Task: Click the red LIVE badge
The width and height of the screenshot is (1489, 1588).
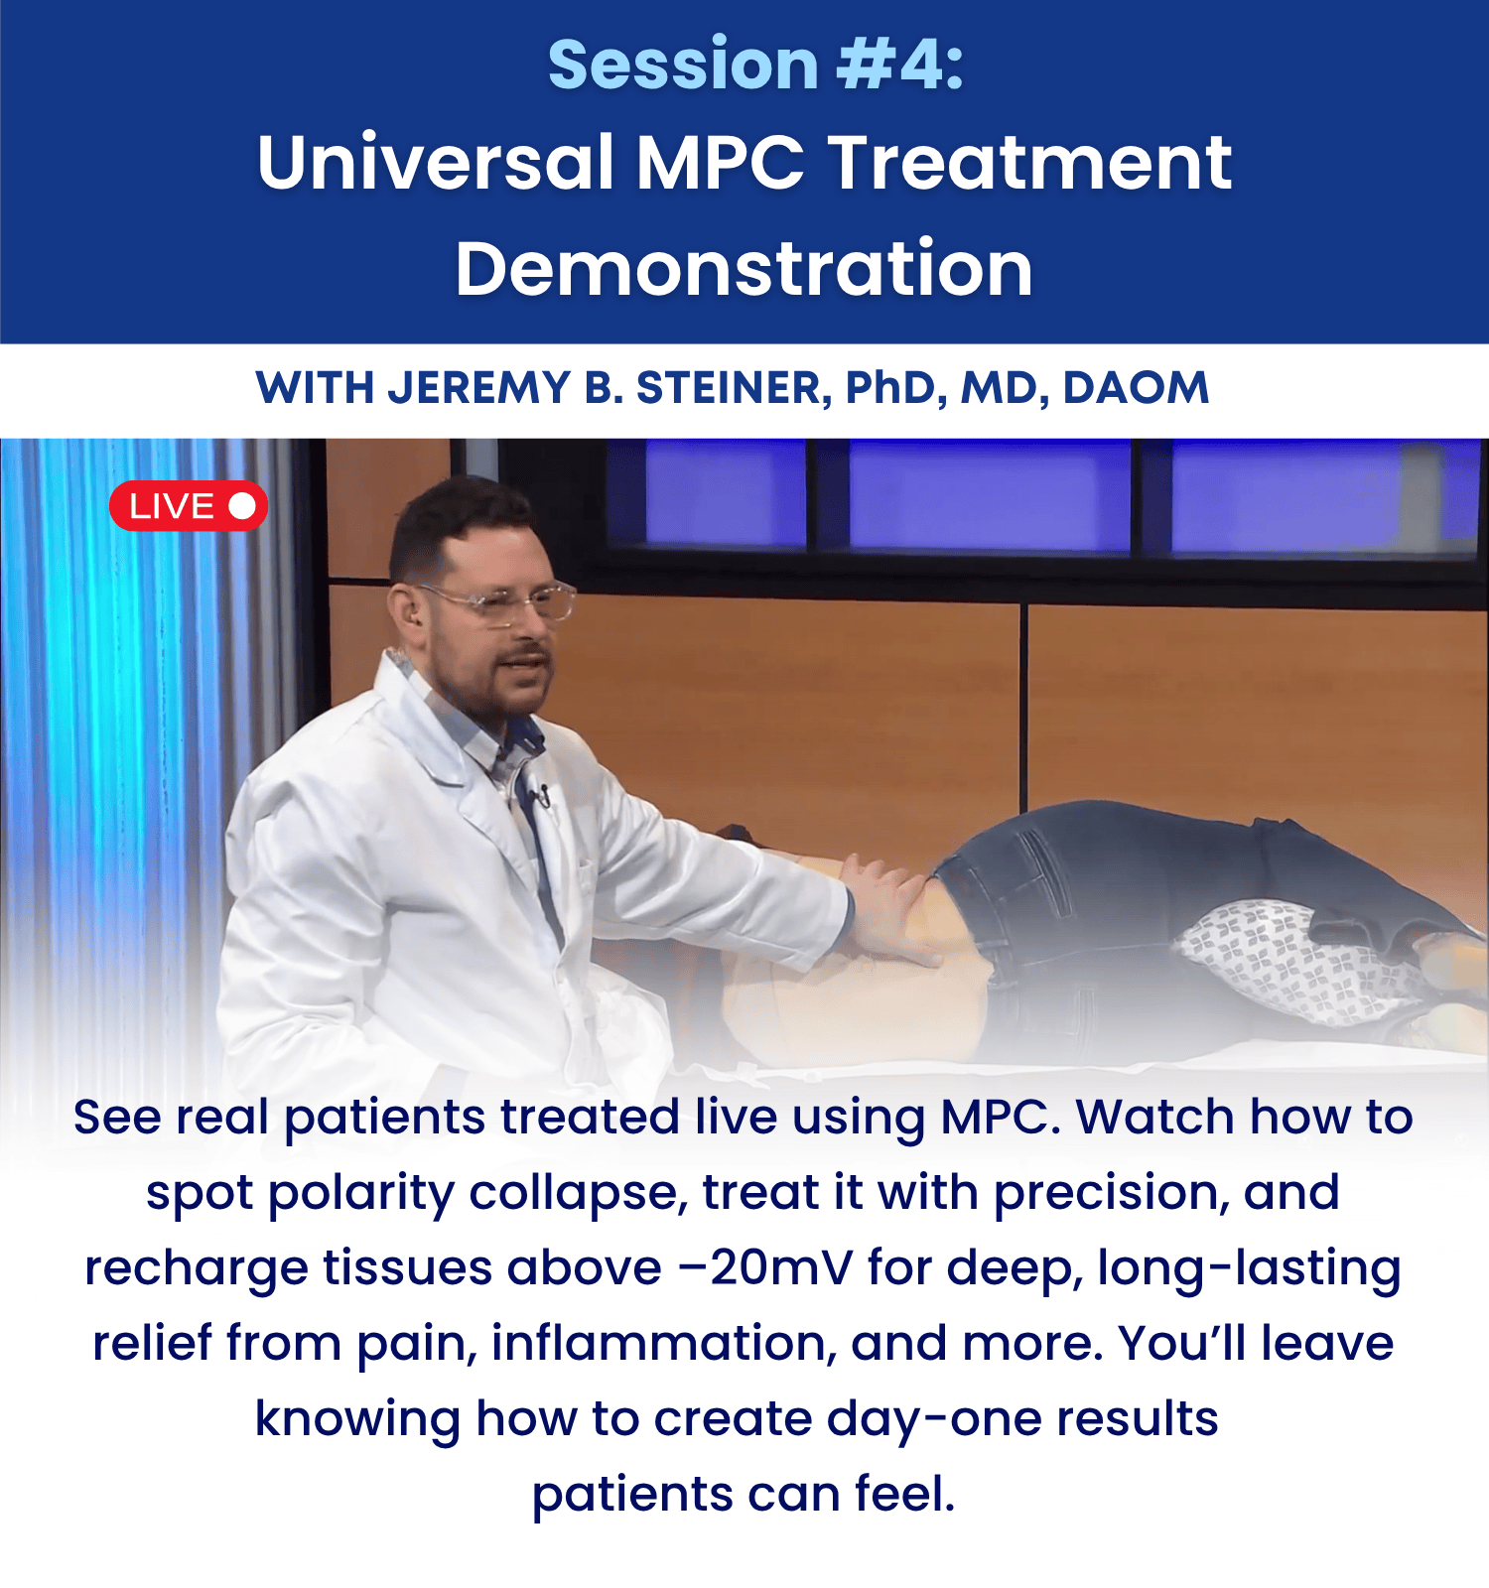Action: pos(189,506)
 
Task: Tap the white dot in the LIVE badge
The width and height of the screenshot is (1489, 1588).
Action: pos(242,506)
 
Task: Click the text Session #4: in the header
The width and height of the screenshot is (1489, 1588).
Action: pos(756,65)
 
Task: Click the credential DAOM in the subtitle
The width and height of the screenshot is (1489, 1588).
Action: pos(1136,388)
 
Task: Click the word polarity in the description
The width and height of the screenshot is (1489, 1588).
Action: pos(362,1194)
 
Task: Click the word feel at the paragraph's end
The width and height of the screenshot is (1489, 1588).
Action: pos(904,1494)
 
